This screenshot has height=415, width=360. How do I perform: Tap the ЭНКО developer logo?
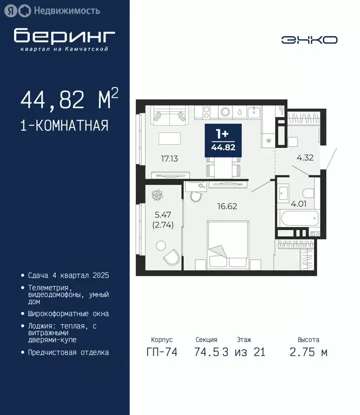[309, 40]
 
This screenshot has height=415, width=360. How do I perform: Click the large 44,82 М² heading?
[69, 101]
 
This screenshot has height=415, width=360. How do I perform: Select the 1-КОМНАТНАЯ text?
[64, 126]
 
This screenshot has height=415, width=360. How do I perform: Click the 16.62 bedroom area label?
[227, 206]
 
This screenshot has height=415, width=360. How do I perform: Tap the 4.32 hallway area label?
[305, 159]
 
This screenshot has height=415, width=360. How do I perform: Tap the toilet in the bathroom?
[308, 193]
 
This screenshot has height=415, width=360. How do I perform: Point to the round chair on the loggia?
[173, 257]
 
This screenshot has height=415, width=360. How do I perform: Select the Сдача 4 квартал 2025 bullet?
[68, 276]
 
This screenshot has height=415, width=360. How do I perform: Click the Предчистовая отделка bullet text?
[68, 352]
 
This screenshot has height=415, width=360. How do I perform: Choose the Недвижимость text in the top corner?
[66, 10]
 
